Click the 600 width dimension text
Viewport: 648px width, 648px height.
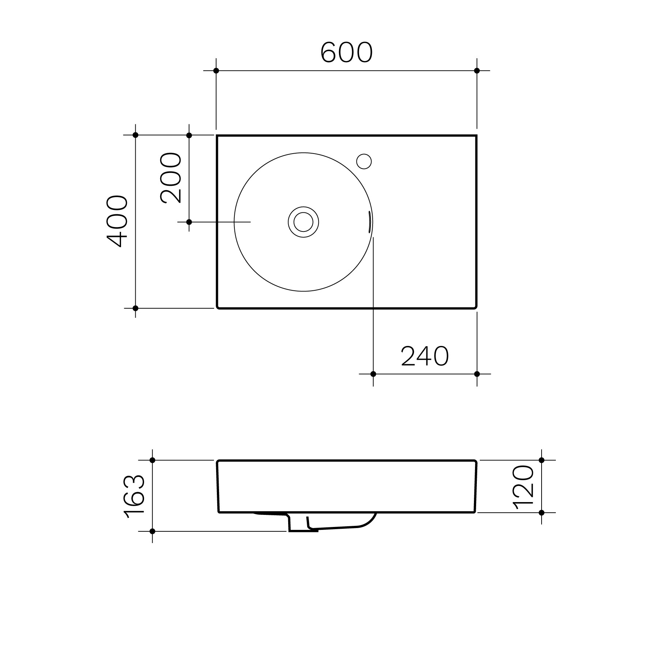pyautogui.click(x=346, y=53)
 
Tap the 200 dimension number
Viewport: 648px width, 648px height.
pyautogui.click(x=171, y=178)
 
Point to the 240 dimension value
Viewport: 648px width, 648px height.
pyautogui.click(x=425, y=356)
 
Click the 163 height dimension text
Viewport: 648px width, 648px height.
pyautogui.click(x=135, y=497)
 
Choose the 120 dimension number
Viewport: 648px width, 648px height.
pyautogui.click(x=524, y=487)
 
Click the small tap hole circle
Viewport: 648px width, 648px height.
pyautogui.click(x=364, y=161)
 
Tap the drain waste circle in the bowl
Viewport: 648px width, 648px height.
pyautogui.click(x=303, y=222)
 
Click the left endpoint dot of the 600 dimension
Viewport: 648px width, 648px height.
pyautogui.click(x=216, y=71)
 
